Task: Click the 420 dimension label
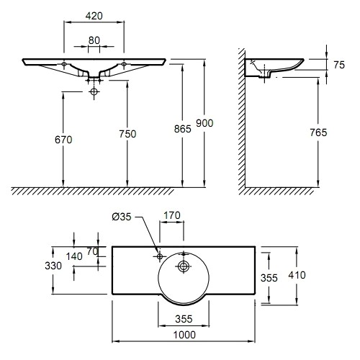94,16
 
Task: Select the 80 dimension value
94,40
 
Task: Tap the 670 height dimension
63,140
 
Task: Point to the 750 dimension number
127,134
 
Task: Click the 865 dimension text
183,129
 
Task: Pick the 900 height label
204,123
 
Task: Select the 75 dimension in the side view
339,65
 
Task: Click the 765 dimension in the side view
318,132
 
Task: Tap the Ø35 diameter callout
122,217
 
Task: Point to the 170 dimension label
172,215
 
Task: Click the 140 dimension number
74,256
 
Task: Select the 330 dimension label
53,266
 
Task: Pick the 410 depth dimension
297,275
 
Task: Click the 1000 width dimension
184,335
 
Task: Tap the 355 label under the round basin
184,319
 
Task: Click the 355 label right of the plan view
269,278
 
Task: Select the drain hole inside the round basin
184,266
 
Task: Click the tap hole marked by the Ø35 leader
160,256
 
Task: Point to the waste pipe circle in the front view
94,91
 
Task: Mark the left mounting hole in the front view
64,64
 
